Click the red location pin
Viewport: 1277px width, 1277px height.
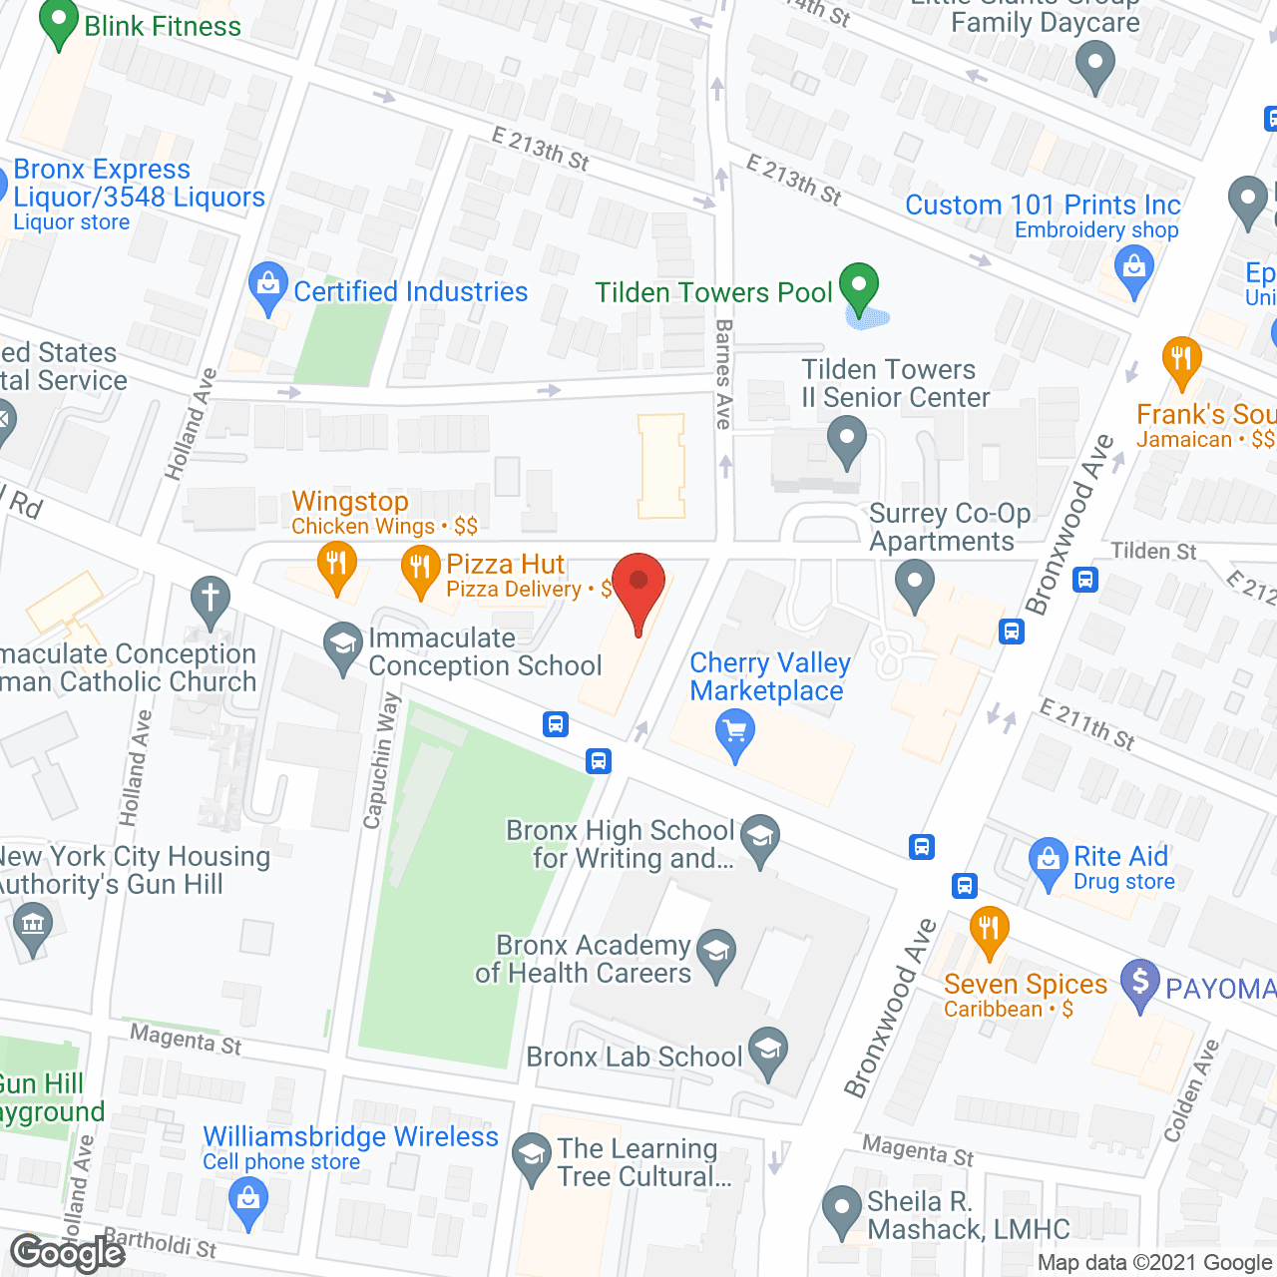pyautogui.click(x=638, y=585)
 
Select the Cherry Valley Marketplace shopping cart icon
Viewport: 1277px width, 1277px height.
pyautogui.click(x=735, y=735)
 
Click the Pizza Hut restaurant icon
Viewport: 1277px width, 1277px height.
pyautogui.click(x=421, y=569)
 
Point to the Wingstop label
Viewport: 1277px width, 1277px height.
pyautogui.click(x=350, y=501)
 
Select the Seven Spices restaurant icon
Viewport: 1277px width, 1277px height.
pyautogui.click(x=989, y=929)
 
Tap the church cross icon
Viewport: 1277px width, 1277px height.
pyautogui.click(x=211, y=600)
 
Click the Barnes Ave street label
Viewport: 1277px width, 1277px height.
pyautogui.click(x=724, y=374)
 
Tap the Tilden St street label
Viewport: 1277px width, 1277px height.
pyautogui.click(x=1153, y=551)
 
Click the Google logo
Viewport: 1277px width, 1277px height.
pyautogui.click(x=68, y=1253)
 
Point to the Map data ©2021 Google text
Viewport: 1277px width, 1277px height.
pyautogui.click(x=1155, y=1263)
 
